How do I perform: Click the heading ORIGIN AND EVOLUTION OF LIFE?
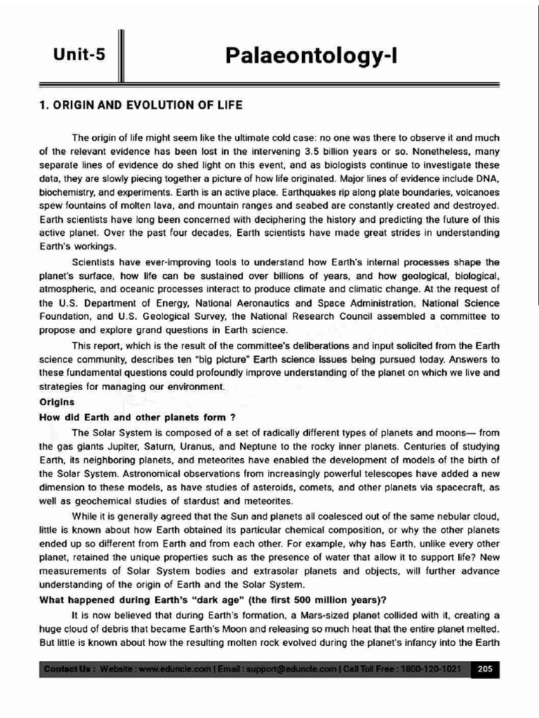140,105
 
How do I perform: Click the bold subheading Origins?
56,402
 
